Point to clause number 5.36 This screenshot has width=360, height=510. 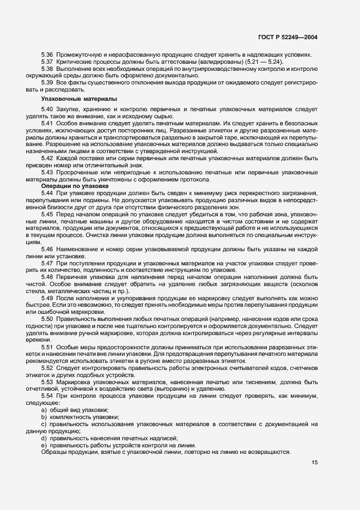[47, 54]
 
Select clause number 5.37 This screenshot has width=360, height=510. [47, 62]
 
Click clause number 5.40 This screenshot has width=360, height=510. [47, 110]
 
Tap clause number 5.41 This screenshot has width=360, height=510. [47, 125]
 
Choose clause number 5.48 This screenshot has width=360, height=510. [47, 277]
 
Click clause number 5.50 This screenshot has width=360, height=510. [47, 318]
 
